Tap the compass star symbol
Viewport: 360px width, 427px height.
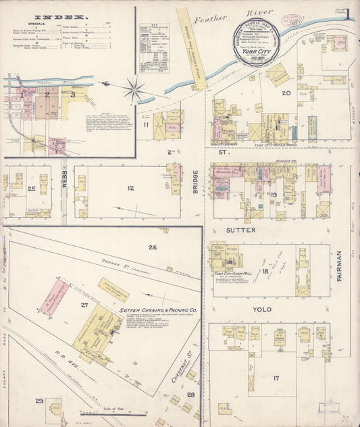[134, 89]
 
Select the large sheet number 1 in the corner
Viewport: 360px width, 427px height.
[348, 14]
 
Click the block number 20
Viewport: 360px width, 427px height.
[286, 93]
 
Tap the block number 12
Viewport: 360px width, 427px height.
[130, 188]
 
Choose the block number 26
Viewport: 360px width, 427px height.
[153, 248]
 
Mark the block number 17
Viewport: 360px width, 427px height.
[276, 378]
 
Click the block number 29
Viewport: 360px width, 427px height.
[40, 401]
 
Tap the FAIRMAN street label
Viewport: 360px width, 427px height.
[339, 266]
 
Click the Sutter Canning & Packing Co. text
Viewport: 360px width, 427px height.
[158, 311]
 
